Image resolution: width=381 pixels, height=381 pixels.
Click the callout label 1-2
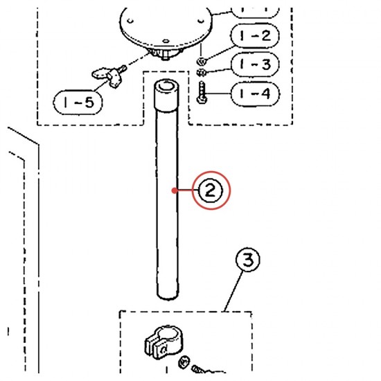click(x=255, y=36)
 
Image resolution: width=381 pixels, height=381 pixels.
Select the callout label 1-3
click(x=256, y=64)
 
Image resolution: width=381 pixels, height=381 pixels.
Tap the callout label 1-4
click(x=255, y=94)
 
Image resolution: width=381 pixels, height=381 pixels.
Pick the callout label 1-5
click(x=78, y=103)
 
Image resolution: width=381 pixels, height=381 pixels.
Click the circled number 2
click(x=211, y=190)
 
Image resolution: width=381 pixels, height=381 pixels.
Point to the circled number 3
click(x=248, y=260)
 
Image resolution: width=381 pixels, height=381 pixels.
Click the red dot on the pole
click(x=174, y=190)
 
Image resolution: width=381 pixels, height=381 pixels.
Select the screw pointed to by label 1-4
click(x=202, y=93)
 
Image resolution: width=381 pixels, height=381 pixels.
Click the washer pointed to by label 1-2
click(x=202, y=61)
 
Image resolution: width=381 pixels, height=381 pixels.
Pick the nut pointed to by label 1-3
click(x=202, y=73)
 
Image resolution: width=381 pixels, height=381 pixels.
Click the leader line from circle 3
click(x=233, y=291)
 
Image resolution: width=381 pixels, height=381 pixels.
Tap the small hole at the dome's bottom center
click(x=166, y=41)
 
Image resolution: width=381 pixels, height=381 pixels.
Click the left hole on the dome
click(x=130, y=21)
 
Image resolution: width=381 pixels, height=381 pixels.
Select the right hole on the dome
click(x=201, y=21)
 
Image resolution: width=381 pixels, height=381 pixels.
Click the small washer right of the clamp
click(x=184, y=362)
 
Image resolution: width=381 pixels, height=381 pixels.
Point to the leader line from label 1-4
click(x=218, y=94)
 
